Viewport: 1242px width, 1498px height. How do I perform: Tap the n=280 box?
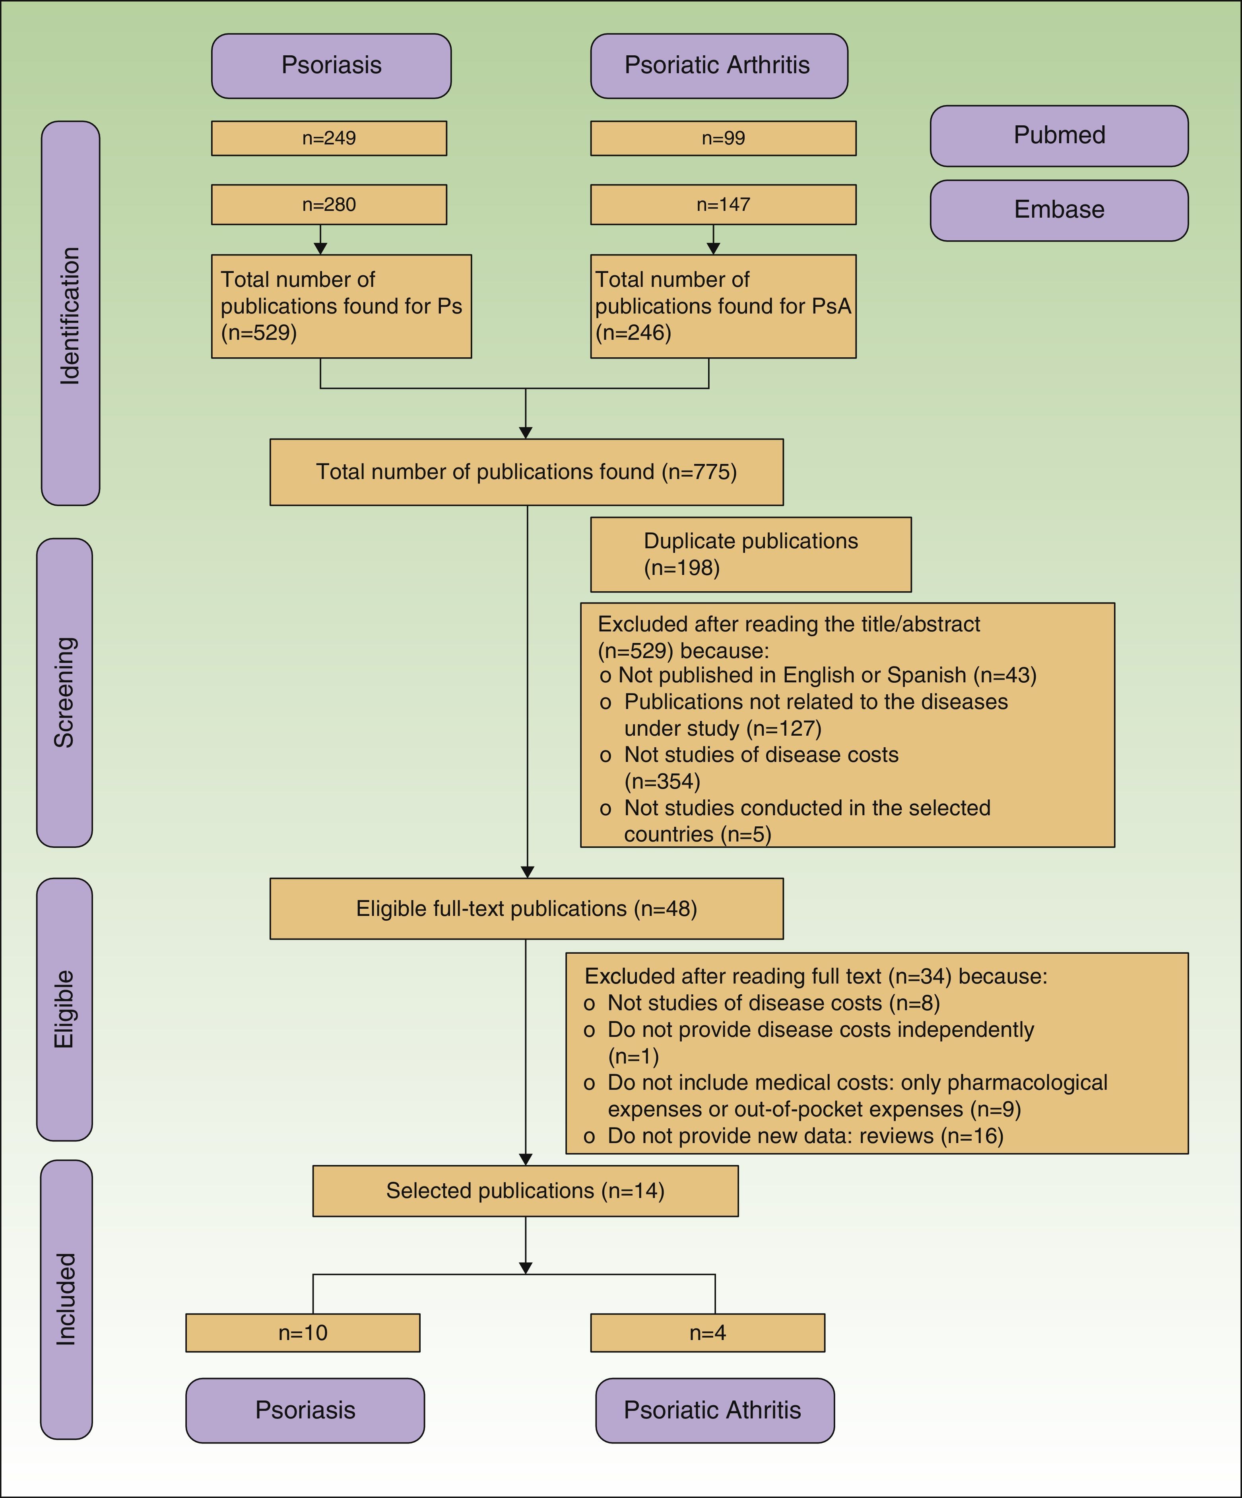[329, 205]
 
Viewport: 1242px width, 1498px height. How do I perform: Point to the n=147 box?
[723, 205]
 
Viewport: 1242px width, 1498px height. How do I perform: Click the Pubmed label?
[1059, 136]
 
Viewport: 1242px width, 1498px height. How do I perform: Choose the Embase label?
[1059, 210]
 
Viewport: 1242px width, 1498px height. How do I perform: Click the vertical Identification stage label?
[70, 314]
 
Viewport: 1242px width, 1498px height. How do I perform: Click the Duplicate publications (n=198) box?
[751, 554]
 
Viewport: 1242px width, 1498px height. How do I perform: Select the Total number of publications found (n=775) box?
[526, 471]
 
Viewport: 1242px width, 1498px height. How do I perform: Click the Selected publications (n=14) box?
[526, 1190]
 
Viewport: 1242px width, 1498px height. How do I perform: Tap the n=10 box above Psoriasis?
[303, 1332]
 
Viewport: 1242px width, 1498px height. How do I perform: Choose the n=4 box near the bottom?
[707, 1332]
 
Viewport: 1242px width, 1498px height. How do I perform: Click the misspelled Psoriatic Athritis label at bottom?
[714, 1410]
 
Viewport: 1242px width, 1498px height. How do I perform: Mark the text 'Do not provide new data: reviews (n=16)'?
[805, 1136]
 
